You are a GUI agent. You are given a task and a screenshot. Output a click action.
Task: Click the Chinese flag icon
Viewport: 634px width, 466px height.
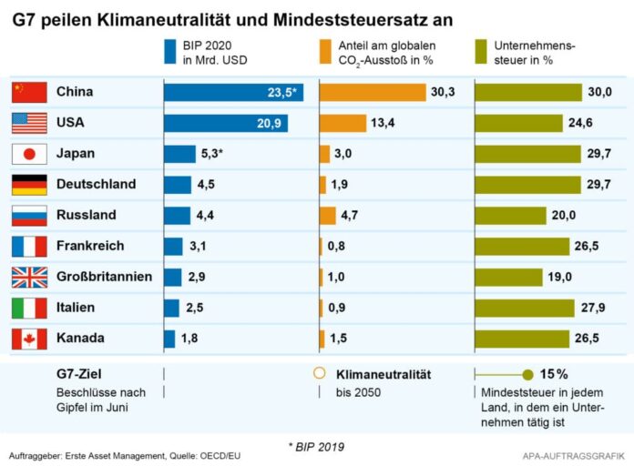[28, 92]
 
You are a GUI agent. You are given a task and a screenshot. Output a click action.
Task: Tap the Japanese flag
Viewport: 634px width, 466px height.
[28, 154]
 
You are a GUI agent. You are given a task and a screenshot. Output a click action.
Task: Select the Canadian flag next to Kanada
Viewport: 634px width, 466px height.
[28, 339]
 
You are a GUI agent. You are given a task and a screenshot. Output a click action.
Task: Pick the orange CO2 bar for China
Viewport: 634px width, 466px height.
[373, 92]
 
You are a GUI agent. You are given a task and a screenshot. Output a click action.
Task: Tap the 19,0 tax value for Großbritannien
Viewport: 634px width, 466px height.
[559, 277]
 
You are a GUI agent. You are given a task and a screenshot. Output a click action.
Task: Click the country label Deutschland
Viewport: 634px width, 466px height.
[96, 185]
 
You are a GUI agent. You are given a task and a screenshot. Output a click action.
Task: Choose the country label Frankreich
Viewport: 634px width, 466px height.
[91, 246]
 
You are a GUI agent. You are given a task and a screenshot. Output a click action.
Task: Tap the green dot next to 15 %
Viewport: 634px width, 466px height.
[527, 374]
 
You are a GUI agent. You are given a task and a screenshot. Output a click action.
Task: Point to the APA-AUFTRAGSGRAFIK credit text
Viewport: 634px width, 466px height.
[572, 454]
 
